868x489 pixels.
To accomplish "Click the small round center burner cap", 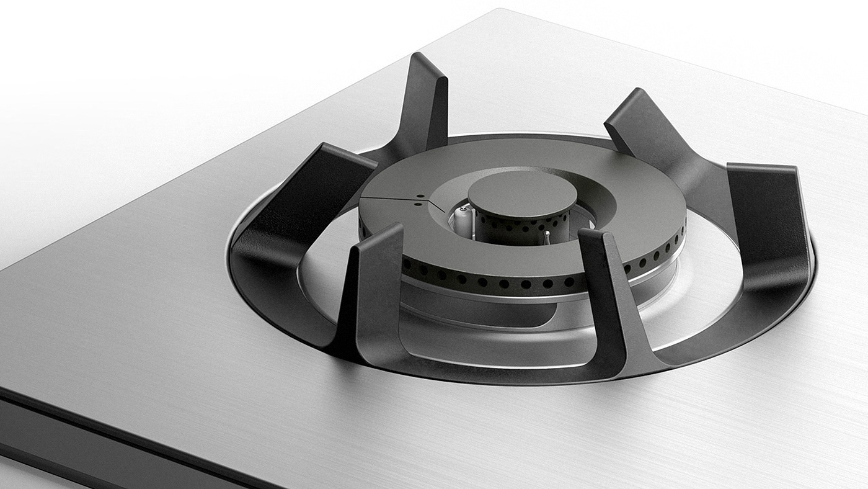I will (x=522, y=194).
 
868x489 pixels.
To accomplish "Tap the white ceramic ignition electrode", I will (x=462, y=219).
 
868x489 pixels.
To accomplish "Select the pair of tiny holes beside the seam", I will (x=420, y=199).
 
